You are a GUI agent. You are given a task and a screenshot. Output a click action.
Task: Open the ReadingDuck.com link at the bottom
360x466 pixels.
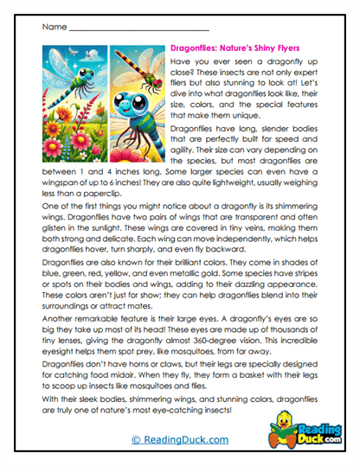pyautogui.click(x=180, y=439)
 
